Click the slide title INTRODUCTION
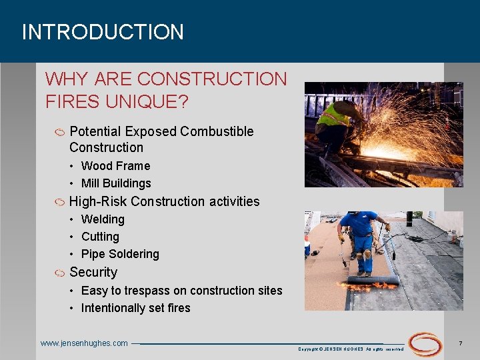pyautogui.click(x=103, y=32)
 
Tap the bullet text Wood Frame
pyautogui.click(x=115, y=166)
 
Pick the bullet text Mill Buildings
pyautogui.click(x=116, y=183)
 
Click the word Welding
pyautogui.click(x=103, y=219)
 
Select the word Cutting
pyautogui.click(x=100, y=237)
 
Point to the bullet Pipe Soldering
pyautogui.click(x=120, y=254)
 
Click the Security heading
pyautogui.click(x=93, y=272)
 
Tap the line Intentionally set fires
pyautogui.click(x=135, y=308)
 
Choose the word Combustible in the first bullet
pyautogui.click(x=217, y=131)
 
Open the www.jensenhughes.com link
pyautogui.click(x=84, y=343)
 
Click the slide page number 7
pyautogui.click(x=461, y=343)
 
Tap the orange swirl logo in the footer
pyautogui.click(x=425, y=344)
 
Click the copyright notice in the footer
pyautogui.click(x=351, y=349)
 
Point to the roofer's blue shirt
pyautogui.click(x=360, y=224)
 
